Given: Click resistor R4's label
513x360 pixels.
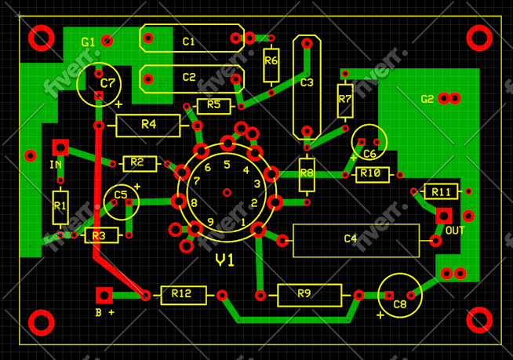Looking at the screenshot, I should [148, 125].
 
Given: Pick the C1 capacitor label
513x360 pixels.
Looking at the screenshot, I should [188, 42].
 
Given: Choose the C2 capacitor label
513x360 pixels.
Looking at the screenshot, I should [188, 78].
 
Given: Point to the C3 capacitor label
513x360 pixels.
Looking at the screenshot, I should [306, 82].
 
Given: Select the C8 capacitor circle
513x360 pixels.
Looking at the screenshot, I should [399, 296].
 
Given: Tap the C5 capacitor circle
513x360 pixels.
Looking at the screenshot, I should [121, 201].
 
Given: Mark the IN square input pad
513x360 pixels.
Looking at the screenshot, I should [60, 147].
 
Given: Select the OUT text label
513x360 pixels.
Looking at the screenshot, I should [454, 231].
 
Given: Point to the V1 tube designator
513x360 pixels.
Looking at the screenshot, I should [225, 260].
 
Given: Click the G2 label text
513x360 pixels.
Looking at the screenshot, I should [427, 99].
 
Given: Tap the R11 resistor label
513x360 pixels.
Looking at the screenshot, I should [441, 191].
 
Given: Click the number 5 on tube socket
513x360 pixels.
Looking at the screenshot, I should [227, 165].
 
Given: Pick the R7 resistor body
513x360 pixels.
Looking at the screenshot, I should [344, 99].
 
